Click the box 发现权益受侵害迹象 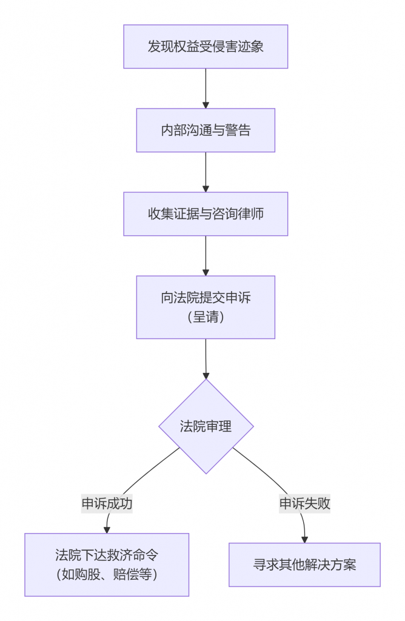[206, 47]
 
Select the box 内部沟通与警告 [206, 130]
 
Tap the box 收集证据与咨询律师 [206, 214]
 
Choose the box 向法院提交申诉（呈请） [206, 307]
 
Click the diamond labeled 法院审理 [206, 426]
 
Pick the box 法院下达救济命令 [107, 564]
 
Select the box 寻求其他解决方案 [304, 565]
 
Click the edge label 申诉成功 [107, 503]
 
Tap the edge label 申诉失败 [304, 503]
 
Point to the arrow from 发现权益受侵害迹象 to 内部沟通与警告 [206, 88]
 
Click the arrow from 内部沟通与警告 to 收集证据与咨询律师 [206, 172]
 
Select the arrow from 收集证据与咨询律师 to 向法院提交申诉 [206, 255]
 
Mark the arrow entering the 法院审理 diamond [206, 359]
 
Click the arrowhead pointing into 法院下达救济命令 [107, 529]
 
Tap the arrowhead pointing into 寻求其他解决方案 [304, 539]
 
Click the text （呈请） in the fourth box [206, 317]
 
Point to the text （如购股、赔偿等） [107, 574]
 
